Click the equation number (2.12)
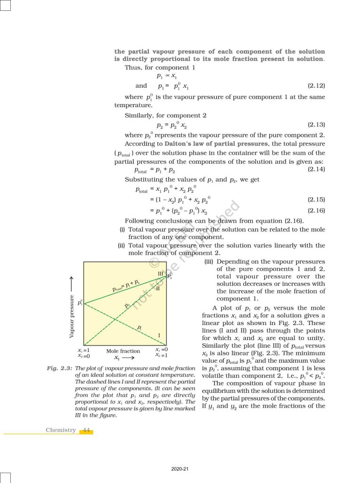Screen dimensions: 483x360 click(x=316, y=86)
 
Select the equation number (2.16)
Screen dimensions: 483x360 click(x=316, y=210)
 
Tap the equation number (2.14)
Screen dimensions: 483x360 click(x=316, y=169)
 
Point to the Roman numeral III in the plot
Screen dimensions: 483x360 click(x=160, y=274)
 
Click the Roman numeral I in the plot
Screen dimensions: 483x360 click(x=159, y=335)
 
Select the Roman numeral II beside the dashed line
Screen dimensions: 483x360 click(x=158, y=288)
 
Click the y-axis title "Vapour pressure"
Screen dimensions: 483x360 click(x=72, y=316)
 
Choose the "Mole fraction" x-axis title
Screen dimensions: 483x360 click(x=123, y=351)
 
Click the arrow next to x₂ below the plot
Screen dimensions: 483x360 click(x=130, y=358)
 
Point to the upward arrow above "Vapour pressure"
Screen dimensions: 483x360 click(x=72, y=283)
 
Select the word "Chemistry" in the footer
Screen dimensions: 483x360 click(x=61, y=430)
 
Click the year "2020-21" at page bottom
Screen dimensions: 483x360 click(x=180, y=469)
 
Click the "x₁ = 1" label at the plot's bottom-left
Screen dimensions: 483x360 click(x=84, y=350)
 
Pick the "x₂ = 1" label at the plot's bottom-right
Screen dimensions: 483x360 click(x=162, y=355)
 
